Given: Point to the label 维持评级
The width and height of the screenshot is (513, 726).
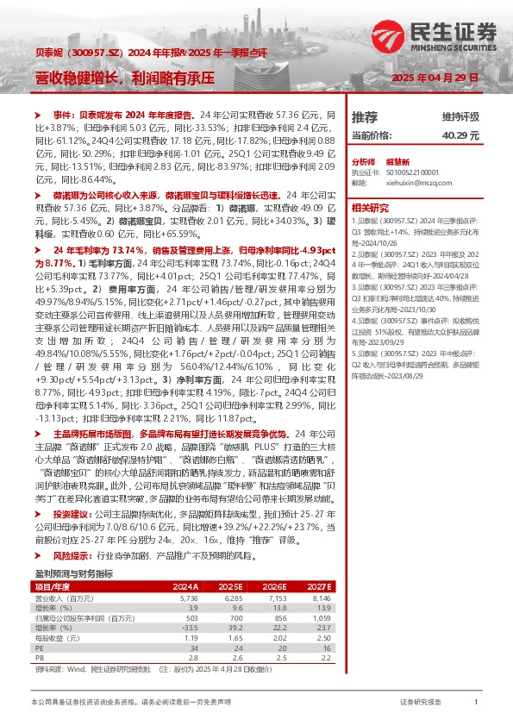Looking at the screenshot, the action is tap(460, 117).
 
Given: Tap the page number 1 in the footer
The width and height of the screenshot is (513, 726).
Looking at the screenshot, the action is tap(476, 703).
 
